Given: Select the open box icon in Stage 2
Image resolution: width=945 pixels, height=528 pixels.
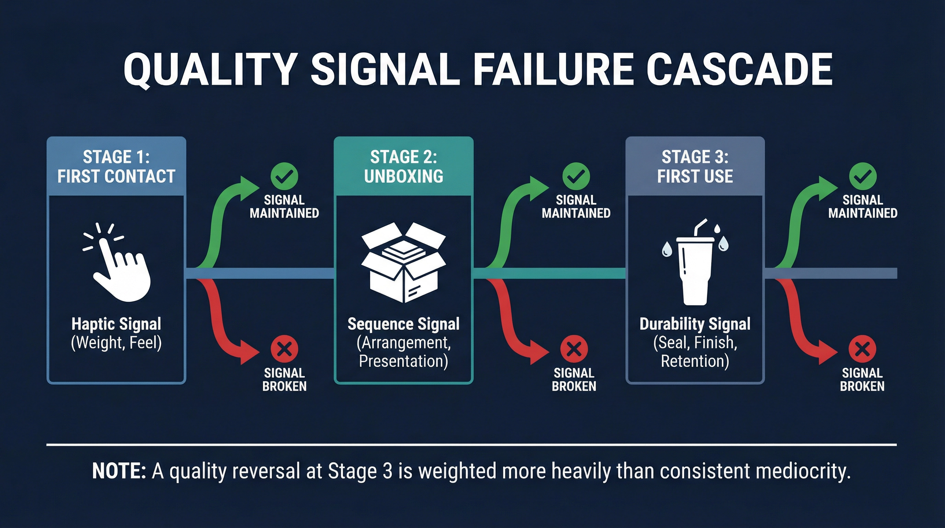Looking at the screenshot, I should point(403,263).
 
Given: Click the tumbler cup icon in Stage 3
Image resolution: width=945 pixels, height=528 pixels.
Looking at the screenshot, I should point(695,266).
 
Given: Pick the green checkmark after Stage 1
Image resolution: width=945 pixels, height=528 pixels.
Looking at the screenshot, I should point(284,176).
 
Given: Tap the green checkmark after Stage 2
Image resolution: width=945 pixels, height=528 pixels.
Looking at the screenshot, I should point(576,176).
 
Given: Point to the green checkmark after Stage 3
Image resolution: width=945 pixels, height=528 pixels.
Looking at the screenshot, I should point(863,176).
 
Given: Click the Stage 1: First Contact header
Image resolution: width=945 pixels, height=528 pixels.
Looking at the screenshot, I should point(116,167).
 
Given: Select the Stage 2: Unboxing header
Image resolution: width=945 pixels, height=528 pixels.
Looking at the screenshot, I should point(403,167).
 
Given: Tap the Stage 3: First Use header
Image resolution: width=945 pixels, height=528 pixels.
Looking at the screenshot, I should point(695,167).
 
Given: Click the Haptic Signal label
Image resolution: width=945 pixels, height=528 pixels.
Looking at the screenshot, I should point(116,324).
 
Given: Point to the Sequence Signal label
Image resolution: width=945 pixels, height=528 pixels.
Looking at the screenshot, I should point(403,324).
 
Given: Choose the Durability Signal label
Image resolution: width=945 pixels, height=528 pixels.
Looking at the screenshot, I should point(695,324).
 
